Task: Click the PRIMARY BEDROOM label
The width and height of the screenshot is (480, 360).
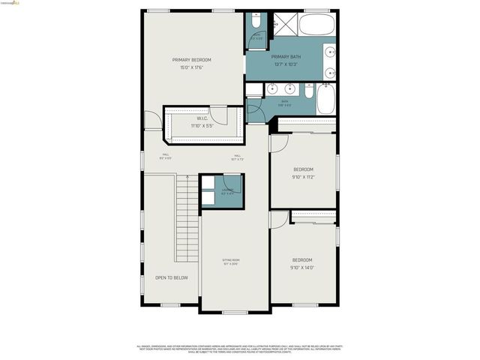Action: pyautogui.click(x=191, y=60)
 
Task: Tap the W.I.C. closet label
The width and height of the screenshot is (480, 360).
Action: pyautogui.click(x=202, y=118)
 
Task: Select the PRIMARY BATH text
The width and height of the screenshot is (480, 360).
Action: pyautogui.click(x=286, y=56)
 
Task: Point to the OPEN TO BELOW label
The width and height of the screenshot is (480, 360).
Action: pyautogui.click(x=171, y=277)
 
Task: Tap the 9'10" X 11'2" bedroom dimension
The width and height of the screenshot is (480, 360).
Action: pyautogui.click(x=303, y=177)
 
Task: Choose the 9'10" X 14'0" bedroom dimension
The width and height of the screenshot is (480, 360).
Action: pyautogui.click(x=302, y=268)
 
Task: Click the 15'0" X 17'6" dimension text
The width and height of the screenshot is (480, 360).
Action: pyautogui.click(x=191, y=67)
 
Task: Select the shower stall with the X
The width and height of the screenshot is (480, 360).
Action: pyautogui.click(x=284, y=25)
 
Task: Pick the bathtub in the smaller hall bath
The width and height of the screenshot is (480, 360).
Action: pyautogui.click(x=326, y=98)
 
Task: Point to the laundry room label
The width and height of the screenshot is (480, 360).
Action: pyautogui.click(x=226, y=190)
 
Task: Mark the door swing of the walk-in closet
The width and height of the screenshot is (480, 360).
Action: pyautogui.click(x=219, y=115)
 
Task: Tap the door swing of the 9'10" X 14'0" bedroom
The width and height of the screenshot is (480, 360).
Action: pyautogui.click(x=279, y=220)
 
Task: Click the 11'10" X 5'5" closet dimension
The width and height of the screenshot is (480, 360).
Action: pyautogui.click(x=202, y=126)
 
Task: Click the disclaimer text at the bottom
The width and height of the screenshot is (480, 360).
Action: pyautogui.click(x=239, y=349)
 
